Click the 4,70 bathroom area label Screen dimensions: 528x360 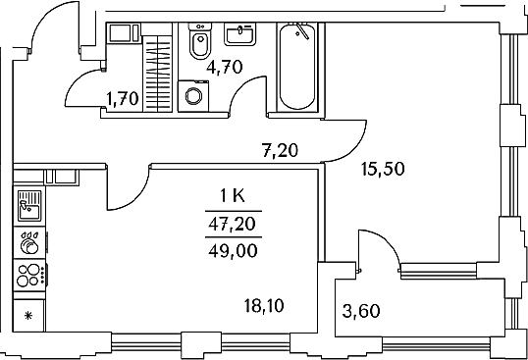click(x=225, y=67)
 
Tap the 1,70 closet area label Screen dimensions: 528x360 click(x=123, y=99)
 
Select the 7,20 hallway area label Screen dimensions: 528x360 click(x=280, y=150)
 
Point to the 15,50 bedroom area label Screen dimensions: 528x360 click(x=383, y=169)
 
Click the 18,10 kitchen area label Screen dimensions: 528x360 click(x=264, y=306)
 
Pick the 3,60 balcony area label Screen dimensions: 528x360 click(x=361, y=311)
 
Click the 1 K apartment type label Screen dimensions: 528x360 click(x=233, y=195)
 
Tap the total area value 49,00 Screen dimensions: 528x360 click(x=233, y=251)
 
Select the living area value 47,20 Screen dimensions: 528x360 click(x=233, y=224)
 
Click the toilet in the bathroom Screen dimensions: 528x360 click(x=200, y=41)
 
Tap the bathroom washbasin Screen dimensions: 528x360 click(x=239, y=34)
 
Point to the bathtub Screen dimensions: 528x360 click(x=297, y=67)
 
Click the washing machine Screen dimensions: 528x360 click(x=193, y=96)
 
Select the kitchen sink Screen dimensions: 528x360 click(x=29, y=206)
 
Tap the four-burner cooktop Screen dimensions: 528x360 click(x=29, y=276)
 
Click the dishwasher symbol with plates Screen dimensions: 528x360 click(x=29, y=243)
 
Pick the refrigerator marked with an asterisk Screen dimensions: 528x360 click(x=28, y=316)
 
